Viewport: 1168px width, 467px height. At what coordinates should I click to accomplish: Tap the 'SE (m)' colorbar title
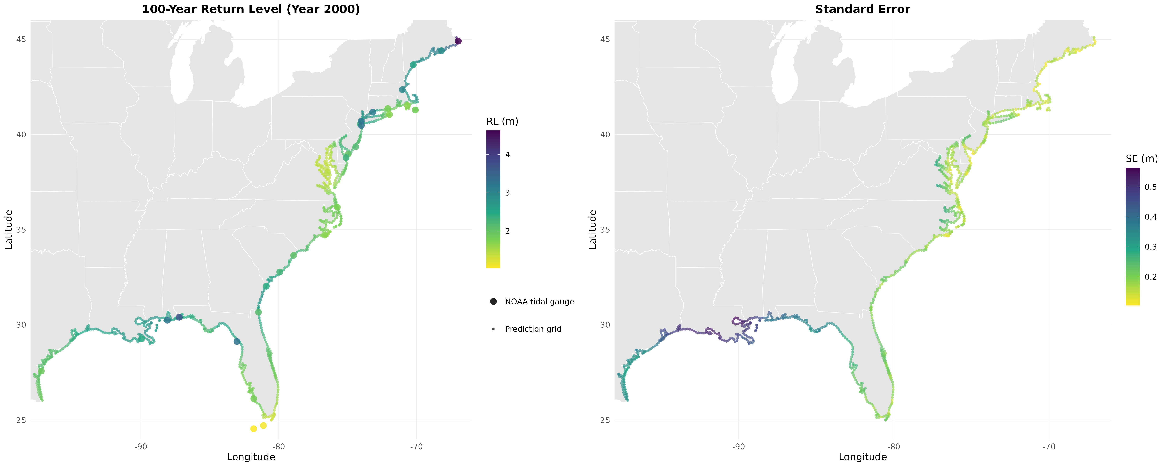[1141, 159]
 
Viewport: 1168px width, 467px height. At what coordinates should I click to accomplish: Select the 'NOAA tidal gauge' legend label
[539, 302]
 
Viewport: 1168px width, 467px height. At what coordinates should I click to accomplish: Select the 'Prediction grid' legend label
[533, 329]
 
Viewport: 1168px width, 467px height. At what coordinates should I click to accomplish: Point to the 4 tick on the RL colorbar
[507, 155]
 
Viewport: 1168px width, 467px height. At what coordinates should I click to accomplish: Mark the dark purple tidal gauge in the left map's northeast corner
[458, 41]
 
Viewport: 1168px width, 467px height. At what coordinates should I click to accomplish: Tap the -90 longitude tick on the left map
[141, 447]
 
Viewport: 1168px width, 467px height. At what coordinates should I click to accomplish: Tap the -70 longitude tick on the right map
[1049, 447]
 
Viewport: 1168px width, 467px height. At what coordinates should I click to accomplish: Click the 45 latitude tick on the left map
[20, 40]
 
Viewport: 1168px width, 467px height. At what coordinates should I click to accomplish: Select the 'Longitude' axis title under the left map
[251, 457]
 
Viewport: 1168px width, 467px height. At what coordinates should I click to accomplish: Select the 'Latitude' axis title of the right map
[593, 229]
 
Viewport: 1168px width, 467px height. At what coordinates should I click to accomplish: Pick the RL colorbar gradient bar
[493, 199]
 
